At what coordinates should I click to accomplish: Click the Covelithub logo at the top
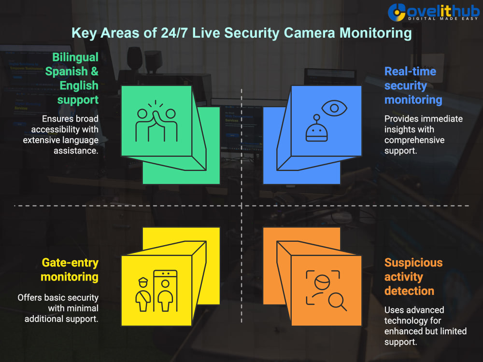click(x=433, y=13)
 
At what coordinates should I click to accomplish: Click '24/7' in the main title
click(x=174, y=33)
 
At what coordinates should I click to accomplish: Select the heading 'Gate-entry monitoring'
click(x=70, y=270)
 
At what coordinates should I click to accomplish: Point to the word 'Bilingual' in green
click(x=75, y=57)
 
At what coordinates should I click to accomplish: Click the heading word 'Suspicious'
click(x=413, y=263)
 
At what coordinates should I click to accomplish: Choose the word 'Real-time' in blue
click(x=410, y=71)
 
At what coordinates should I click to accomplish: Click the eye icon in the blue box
click(x=334, y=108)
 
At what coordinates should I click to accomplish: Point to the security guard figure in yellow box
click(x=143, y=294)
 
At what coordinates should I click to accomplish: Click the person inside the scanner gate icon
click(x=165, y=295)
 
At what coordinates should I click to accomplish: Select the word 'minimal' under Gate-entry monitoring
click(x=81, y=308)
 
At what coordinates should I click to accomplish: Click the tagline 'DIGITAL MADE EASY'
click(x=443, y=19)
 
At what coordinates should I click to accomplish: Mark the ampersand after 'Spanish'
click(x=95, y=71)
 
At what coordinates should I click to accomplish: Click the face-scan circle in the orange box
click(x=322, y=282)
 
